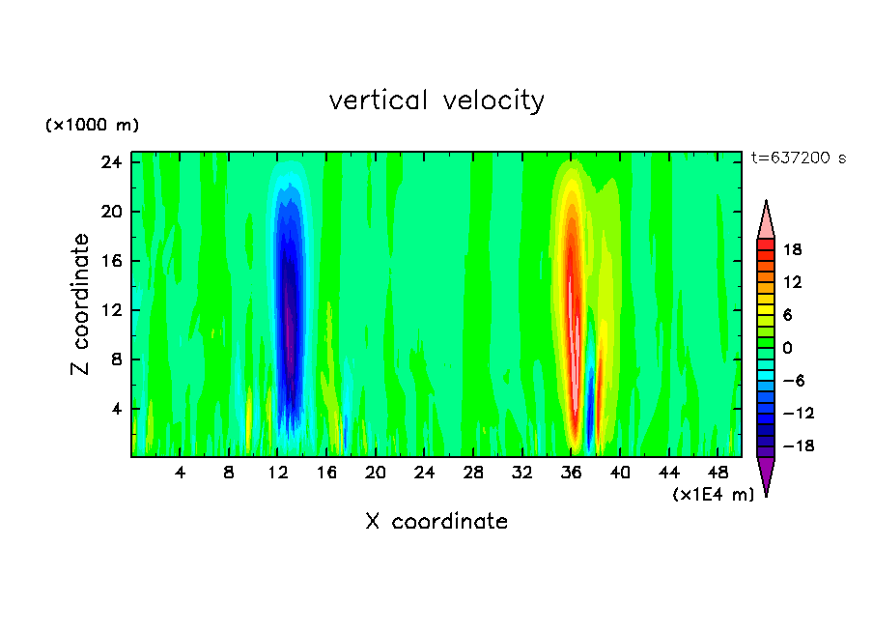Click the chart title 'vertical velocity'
[x=436, y=100]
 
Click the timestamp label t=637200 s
[x=798, y=158]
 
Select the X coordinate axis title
[x=436, y=522]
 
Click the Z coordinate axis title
[x=80, y=304]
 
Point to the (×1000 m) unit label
[x=92, y=126]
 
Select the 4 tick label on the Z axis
[x=118, y=409]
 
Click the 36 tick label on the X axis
[x=571, y=474]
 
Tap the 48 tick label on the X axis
[x=718, y=474]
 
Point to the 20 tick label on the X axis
[x=376, y=474]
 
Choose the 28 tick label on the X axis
[x=473, y=474]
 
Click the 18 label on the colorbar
[x=792, y=249]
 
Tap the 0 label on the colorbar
[x=787, y=348]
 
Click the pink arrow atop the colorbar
[x=766, y=219]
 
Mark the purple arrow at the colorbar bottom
[x=766, y=474]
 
